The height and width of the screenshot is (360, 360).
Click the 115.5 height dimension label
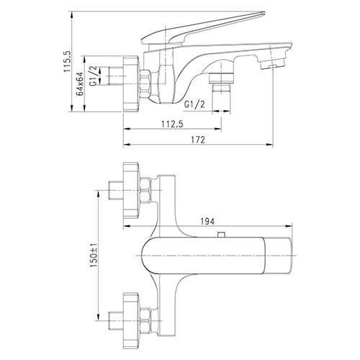click(x=66, y=61)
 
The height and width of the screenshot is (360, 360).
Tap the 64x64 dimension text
click(x=80, y=84)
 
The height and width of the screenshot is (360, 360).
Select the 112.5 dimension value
click(x=172, y=124)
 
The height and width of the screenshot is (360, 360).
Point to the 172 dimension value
click(x=198, y=140)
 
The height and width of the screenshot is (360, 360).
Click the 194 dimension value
click(x=207, y=222)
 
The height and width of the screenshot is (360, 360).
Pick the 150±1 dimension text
click(x=94, y=255)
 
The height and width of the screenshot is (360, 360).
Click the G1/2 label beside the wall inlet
click(x=94, y=76)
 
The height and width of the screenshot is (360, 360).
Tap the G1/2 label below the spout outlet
click(x=194, y=104)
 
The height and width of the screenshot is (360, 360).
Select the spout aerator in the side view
click(x=271, y=63)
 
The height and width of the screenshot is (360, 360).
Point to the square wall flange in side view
click(x=131, y=84)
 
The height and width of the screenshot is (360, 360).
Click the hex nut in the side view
click(x=145, y=84)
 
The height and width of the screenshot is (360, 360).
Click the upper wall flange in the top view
click(x=131, y=190)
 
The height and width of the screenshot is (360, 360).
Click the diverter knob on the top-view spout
click(x=221, y=234)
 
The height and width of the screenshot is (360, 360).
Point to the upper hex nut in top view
click(x=145, y=190)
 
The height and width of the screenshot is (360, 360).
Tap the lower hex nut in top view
click(x=145, y=320)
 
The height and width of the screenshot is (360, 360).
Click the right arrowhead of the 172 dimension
click(x=270, y=145)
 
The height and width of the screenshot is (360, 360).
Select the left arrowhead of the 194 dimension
click(x=127, y=226)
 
